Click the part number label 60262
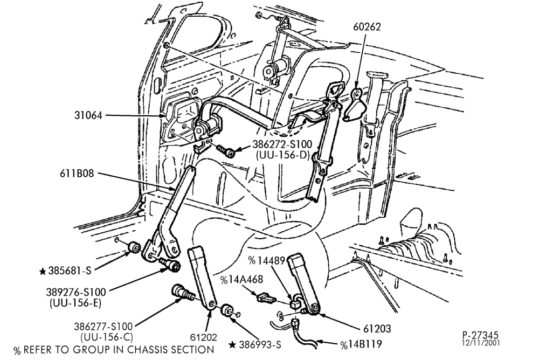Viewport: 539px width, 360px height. [x=367, y=27]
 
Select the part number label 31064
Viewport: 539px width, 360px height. [x=88, y=115]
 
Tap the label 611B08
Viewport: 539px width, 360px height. [x=77, y=174]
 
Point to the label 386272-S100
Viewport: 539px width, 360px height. [x=282, y=144]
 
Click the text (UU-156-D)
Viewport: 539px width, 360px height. [x=283, y=155]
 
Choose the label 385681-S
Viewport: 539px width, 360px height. [x=70, y=271]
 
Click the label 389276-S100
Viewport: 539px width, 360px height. [x=76, y=292]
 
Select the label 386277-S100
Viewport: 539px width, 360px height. [x=103, y=326]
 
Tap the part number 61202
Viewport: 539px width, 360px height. [x=204, y=337]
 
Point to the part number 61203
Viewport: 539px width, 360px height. [x=377, y=329]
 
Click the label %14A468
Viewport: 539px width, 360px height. [x=241, y=280]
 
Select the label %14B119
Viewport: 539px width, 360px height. [x=361, y=344]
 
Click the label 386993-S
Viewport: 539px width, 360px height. [x=260, y=344]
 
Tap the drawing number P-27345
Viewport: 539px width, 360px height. [x=480, y=335]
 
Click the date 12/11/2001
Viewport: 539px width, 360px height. [x=481, y=343]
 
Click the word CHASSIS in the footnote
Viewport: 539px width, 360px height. [x=150, y=350]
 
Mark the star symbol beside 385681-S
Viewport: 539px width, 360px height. [x=43, y=272]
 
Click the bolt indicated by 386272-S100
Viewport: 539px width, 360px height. [x=226, y=150]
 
